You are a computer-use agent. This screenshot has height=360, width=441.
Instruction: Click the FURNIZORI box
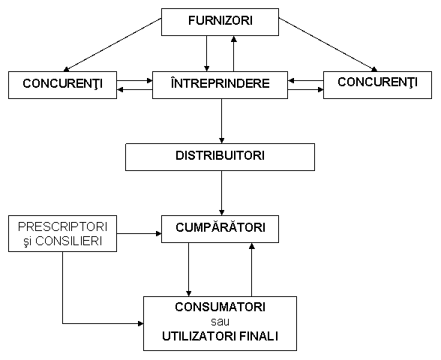tap(220, 22)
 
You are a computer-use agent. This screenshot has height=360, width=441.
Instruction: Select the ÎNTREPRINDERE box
tap(220, 85)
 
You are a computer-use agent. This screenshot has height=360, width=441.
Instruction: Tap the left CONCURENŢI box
tap(62, 85)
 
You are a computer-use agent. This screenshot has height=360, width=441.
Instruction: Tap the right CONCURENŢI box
tap(377, 85)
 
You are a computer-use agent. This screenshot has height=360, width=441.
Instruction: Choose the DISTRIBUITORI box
tap(220, 157)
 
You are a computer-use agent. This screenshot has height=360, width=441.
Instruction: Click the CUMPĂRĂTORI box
tap(220, 229)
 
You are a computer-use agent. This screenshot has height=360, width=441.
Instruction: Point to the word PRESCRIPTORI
tap(62, 226)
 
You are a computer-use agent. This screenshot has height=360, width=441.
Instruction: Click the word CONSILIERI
tap(69, 241)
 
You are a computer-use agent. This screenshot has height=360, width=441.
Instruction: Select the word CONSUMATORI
tap(220, 307)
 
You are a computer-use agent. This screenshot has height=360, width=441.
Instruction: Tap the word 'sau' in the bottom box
tap(220, 322)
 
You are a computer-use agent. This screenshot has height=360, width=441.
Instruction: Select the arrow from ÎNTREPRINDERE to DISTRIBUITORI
tap(222, 121)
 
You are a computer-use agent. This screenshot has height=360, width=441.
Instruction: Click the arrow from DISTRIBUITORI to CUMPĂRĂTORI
tap(222, 193)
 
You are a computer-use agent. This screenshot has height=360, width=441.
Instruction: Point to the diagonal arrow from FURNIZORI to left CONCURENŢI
tap(112, 44)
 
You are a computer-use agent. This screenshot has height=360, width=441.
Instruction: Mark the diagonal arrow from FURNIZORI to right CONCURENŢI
tap(328, 44)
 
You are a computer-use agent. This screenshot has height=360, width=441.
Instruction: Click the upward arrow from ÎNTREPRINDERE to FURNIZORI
tap(233, 53)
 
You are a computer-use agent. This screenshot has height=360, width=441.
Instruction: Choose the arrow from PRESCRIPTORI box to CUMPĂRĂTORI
tap(139, 233)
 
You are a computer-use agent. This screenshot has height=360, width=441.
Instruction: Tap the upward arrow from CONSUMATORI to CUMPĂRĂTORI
tap(252, 269)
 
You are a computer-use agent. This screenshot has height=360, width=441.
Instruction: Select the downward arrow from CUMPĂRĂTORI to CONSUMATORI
tap(188, 269)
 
